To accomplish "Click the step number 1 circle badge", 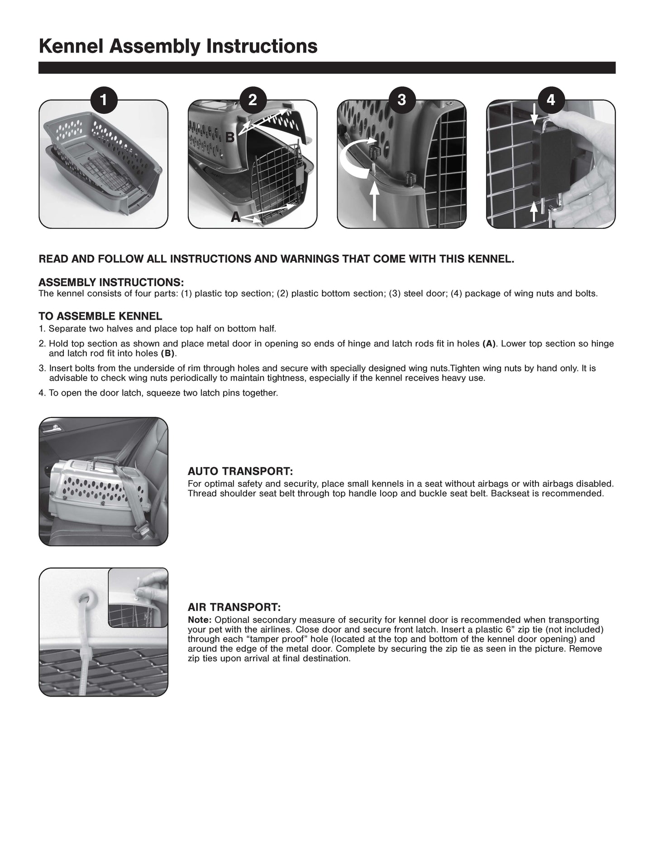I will pyautogui.click(x=104, y=100).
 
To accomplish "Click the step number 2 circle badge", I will pyautogui.click(x=253, y=100).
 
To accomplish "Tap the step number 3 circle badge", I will pyautogui.click(x=401, y=100).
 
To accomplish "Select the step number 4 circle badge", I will pyautogui.click(x=550, y=100).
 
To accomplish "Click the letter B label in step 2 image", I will pyautogui.click(x=230, y=137).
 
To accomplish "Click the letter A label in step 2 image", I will pyautogui.click(x=235, y=218).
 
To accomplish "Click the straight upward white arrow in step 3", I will pyautogui.click(x=375, y=202).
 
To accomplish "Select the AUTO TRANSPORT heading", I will pyautogui.click(x=240, y=472).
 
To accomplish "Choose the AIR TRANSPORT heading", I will pyautogui.click(x=234, y=607).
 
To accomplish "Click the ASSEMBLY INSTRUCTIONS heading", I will pyautogui.click(x=111, y=283).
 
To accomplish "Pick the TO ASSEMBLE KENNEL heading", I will pyautogui.click(x=100, y=316).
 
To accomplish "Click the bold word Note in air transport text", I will pyautogui.click(x=199, y=620).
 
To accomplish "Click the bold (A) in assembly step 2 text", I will pyautogui.click(x=489, y=344).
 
